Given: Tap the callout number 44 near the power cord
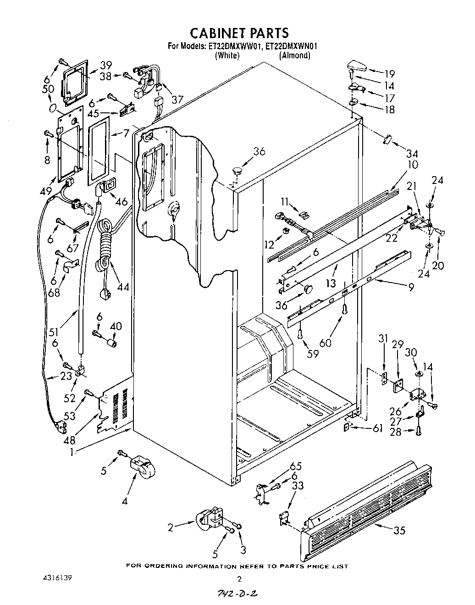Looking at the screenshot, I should (x=123, y=287).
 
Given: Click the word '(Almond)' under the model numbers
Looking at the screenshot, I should (x=295, y=56).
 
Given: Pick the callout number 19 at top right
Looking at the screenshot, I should (x=389, y=73).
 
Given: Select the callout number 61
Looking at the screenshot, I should (x=377, y=428).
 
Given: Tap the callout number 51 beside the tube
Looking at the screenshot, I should (x=67, y=320).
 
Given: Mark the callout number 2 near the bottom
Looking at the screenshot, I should (x=170, y=528).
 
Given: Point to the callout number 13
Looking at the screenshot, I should (x=331, y=283).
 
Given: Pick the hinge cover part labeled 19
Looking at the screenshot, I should (x=356, y=66).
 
